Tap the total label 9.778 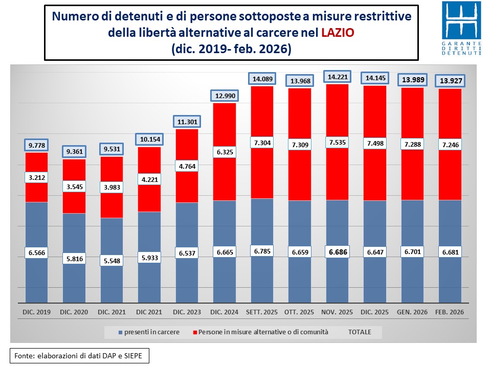tap(36, 145)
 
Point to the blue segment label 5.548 tap(111, 261)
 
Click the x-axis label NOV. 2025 tap(337, 311)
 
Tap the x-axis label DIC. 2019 tap(36, 311)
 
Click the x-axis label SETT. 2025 tap(262, 311)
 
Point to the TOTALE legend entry tap(360, 332)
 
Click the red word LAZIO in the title tap(338, 33)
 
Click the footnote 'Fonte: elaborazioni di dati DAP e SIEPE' tap(80, 355)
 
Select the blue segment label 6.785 tap(262, 251)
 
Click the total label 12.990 tap(225, 96)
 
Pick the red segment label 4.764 tap(187, 166)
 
